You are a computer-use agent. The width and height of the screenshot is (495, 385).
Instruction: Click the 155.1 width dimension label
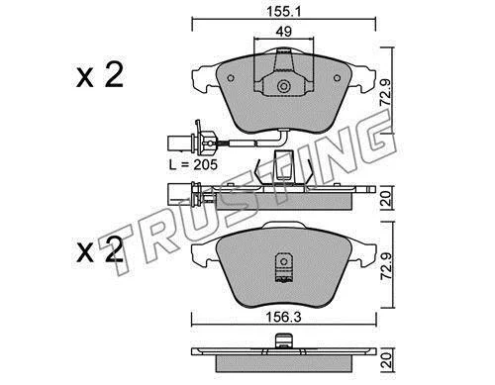[x=283, y=12]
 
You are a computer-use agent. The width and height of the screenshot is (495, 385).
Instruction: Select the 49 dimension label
[x=283, y=32]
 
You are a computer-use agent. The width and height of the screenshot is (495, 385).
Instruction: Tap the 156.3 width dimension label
[x=284, y=318]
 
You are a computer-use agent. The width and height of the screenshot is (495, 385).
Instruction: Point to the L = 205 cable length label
[x=193, y=164]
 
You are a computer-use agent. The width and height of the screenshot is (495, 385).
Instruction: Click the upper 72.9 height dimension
[x=385, y=92]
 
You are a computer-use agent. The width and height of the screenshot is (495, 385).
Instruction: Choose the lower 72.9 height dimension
[x=386, y=266]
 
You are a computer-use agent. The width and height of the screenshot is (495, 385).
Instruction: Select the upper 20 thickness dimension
[x=386, y=198]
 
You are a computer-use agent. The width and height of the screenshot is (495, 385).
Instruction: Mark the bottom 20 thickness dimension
[x=386, y=360]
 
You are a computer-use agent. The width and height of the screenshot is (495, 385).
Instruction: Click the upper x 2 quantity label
[x=100, y=75]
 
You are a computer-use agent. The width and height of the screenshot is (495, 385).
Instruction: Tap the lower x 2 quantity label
[x=100, y=249]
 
